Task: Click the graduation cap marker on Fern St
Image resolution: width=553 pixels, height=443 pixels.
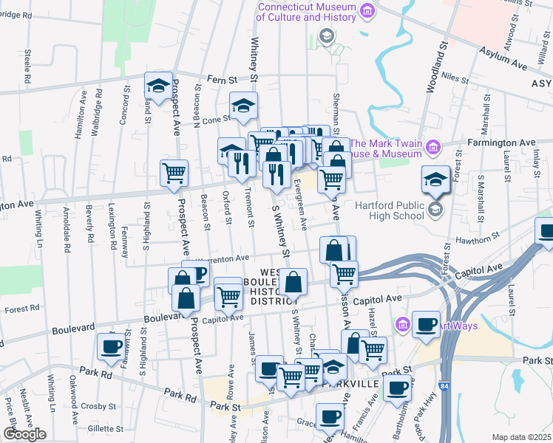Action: click(158, 86)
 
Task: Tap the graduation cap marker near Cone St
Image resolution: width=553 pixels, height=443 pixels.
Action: click(243, 106)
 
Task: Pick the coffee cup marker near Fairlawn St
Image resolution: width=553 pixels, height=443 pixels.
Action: click(112, 346)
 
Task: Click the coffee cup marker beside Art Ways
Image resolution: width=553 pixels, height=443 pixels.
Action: click(426, 323)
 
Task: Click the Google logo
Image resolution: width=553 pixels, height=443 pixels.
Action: click(24, 434)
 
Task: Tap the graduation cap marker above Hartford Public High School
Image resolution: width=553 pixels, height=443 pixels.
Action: click(435, 179)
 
